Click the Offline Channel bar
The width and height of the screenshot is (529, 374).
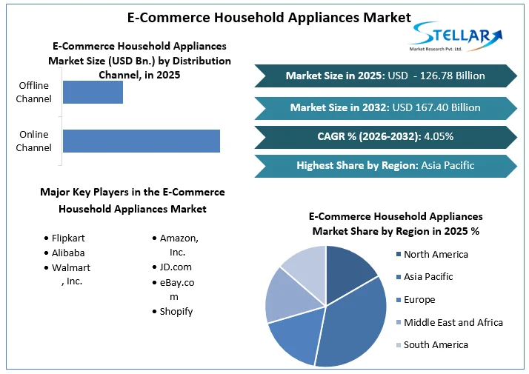pyautogui.click(x=93, y=92)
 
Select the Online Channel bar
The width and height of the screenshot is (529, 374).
pyautogui.click(x=141, y=141)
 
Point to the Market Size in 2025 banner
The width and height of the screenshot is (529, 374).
pyautogui.click(x=385, y=76)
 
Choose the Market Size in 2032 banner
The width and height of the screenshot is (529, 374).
pyautogui.click(x=385, y=107)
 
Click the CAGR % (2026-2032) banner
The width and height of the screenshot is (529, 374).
pyautogui.click(x=385, y=136)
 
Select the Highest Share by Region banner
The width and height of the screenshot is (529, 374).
pyautogui.click(x=385, y=165)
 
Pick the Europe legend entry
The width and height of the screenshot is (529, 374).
pyautogui.click(x=419, y=300)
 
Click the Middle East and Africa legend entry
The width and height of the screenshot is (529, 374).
pyautogui.click(x=453, y=322)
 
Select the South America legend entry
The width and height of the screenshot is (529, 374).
pyautogui.click(x=436, y=344)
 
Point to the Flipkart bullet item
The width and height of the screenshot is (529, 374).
pyautogui.click(x=69, y=238)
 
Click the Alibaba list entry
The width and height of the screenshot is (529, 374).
pyautogui.click(x=67, y=253)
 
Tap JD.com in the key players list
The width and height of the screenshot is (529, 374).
pyautogui.click(x=176, y=267)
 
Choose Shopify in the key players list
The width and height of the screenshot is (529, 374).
pyautogui.click(x=176, y=311)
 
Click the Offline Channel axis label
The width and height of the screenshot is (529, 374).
pyautogui.click(x=34, y=92)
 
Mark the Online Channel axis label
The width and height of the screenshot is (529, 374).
pyautogui.click(x=34, y=141)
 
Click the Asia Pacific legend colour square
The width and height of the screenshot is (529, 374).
pyautogui.click(x=398, y=277)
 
